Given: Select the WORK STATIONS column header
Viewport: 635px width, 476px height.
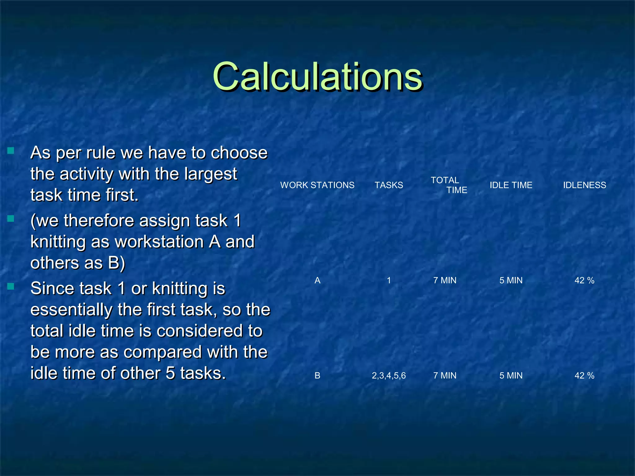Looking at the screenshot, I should point(317,185).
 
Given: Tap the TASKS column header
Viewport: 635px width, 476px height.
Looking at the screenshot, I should point(389,185).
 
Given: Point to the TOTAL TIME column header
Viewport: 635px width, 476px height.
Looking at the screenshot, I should point(449,185).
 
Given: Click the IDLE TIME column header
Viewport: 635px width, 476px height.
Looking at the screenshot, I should point(511,185).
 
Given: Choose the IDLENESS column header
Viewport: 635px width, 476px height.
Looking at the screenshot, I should point(584,185).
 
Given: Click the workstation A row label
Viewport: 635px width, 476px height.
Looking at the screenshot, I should point(317,280).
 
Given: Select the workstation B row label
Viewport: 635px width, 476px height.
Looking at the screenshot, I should point(317,376).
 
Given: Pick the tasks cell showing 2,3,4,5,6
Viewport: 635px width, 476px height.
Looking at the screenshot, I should point(389,376).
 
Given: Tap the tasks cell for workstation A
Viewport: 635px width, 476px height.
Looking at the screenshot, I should point(389,280).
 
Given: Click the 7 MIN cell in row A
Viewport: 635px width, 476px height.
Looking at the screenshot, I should point(445,280).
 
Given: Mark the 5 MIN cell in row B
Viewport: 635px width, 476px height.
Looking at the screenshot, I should point(511,376).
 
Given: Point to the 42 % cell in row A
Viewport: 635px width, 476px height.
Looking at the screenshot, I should point(584,280).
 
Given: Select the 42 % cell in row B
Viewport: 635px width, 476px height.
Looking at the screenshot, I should point(584,376).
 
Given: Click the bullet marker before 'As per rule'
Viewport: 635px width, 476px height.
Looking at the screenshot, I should point(11,151).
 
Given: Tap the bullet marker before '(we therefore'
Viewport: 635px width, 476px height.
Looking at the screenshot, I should point(11,219).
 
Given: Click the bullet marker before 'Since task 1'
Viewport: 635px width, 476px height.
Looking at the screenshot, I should point(11,286).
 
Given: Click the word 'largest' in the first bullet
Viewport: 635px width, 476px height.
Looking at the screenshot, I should point(211,174).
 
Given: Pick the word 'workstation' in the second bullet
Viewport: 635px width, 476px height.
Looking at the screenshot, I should point(159,242).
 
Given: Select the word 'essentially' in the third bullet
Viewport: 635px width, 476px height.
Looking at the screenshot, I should point(71,310).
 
